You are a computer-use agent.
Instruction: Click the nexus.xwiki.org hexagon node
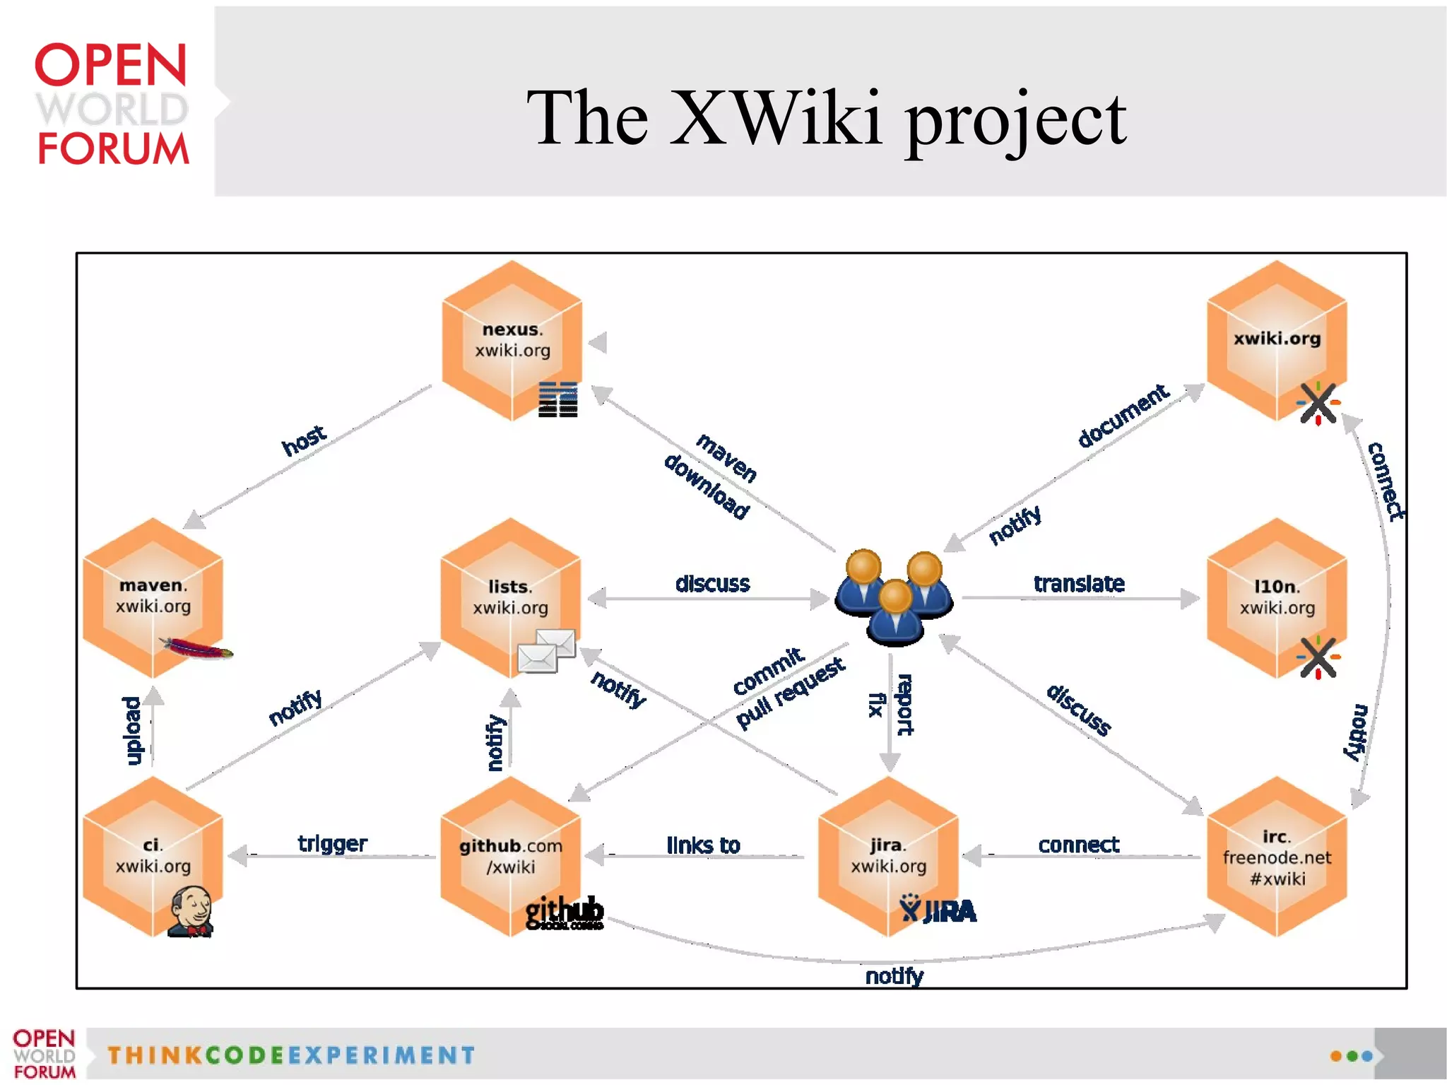coord(512,341)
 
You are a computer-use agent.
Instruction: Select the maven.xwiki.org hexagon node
coord(153,597)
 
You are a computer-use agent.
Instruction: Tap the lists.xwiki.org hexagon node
coord(510,597)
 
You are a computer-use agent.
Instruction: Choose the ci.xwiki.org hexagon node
coord(153,856)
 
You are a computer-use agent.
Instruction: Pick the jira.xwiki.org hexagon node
coord(888,856)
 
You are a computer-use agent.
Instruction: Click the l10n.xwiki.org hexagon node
coord(1277,597)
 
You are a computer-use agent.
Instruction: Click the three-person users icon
coord(894,597)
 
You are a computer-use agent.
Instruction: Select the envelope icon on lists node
coord(546,651)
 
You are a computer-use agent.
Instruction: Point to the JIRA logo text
coord(939,911)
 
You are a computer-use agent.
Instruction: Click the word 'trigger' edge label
coord(332,843)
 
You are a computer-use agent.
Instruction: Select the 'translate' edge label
coord(1079,584)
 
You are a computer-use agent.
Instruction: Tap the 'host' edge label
coord(304,441)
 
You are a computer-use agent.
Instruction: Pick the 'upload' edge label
coord(132,731)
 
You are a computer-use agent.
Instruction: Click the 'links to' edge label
coord(703,845)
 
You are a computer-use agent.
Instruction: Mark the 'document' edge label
coord(1123,416)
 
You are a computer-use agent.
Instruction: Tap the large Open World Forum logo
coord(112,103)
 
